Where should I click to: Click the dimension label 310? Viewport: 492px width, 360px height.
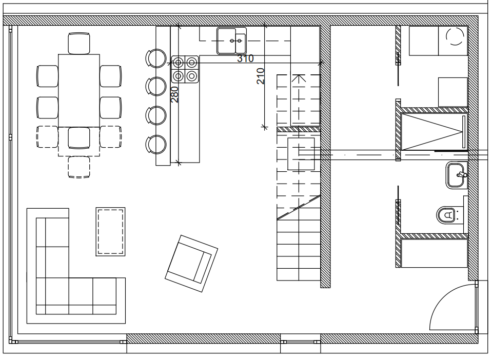(x=245, y=58)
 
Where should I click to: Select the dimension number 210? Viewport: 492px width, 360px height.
(x=261, y=76)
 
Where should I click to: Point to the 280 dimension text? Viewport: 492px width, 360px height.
(x=174, y=95)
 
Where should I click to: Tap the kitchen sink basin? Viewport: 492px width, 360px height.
(x=231, y=41)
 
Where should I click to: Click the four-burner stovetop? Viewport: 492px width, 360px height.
(x=185, y=69)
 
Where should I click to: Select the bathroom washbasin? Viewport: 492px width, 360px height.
(x=457, y=175)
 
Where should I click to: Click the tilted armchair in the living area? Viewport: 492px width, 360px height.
(x=191, y=264)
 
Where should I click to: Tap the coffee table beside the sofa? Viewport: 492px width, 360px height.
(x=110, y=232)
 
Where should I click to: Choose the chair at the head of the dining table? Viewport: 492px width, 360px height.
(x=79, y=44)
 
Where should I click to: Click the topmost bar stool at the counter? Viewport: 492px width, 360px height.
(x=156, y=58)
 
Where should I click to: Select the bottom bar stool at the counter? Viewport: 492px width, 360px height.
(x=156, y=145)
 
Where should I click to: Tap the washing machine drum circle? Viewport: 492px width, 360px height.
(x=455, y=36)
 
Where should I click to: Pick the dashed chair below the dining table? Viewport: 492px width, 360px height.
(x=79, y=167)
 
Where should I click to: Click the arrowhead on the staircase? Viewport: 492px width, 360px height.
(x=299, y=78)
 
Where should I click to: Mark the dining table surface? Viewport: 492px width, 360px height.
(x=79, y=90)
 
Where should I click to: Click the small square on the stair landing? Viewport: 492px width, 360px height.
(x=301, y=154)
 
